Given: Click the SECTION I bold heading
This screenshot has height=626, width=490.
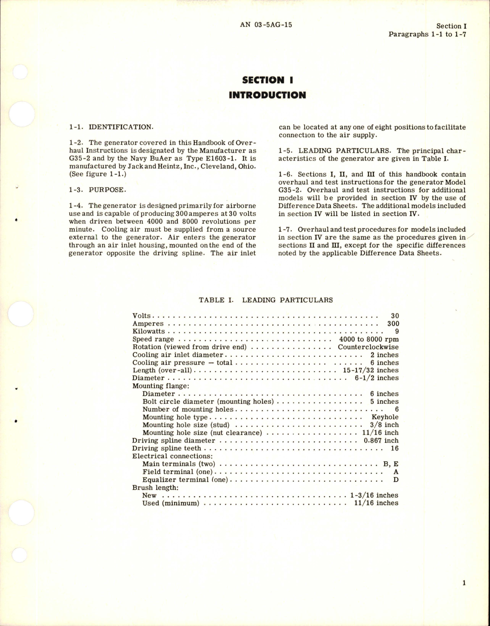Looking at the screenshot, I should click(x=267, y=80).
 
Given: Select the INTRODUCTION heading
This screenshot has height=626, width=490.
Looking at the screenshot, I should click(x=267, y=95).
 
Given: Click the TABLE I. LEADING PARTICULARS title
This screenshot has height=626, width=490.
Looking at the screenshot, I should click(x=266, y=300).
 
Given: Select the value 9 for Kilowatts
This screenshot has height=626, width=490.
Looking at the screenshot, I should click(x=397, y=331).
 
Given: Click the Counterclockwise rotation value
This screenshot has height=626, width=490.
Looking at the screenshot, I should click(x=368, y=347).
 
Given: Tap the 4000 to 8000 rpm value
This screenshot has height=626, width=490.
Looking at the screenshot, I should click(x=369, y=339).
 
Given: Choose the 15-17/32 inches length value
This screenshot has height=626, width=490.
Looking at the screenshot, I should click(x=368, y=370).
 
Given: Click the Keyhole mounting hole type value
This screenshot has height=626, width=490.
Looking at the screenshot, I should click(x=385, y=417).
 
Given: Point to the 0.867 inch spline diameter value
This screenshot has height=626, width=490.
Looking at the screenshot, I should click(x=381, y=440).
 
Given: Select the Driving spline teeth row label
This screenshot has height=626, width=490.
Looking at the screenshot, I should click(x=166, y=448).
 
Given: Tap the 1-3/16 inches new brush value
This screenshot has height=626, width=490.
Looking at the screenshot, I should click(x=374, y=495).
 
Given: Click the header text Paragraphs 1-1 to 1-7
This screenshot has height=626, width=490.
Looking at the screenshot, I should click(x=427, y=34).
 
